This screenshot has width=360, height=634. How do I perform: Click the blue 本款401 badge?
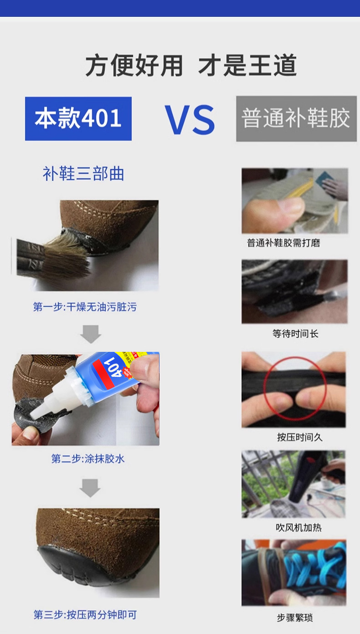tap(78, 119)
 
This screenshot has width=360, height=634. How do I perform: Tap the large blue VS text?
tap(190, 120)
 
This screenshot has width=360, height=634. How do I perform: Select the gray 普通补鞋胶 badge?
tap(296, 119)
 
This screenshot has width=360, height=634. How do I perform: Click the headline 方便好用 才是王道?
tap(191, 66)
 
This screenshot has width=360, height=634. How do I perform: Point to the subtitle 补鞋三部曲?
tap(83, 174)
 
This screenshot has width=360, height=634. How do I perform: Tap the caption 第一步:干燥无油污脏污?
tap(85, 307)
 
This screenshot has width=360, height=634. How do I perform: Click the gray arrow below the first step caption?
tap(90, 334)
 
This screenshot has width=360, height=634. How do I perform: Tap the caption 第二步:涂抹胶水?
tap(87, 459)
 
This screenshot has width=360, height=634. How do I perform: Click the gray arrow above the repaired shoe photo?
tap(90, 487)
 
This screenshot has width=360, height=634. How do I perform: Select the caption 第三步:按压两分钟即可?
tap(85, 614)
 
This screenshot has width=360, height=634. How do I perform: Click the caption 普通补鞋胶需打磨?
tap(283, 243)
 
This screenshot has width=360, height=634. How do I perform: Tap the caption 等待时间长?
tap(295, 334)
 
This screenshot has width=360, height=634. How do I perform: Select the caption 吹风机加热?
tap(298, 527)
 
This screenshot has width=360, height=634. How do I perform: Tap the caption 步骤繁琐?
tap(295, 618)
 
